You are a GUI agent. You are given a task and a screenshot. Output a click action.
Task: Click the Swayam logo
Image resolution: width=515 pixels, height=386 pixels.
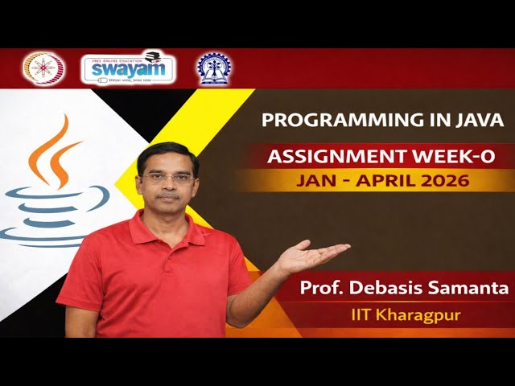pos(128,68)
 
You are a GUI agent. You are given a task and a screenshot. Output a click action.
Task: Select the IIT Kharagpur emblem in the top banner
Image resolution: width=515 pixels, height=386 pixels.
pos(212,68)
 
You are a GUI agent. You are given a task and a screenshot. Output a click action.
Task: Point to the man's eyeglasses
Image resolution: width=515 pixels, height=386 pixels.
pos(167,177)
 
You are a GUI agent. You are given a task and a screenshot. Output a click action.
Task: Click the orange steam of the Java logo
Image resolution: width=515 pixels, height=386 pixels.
pos(56,153)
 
